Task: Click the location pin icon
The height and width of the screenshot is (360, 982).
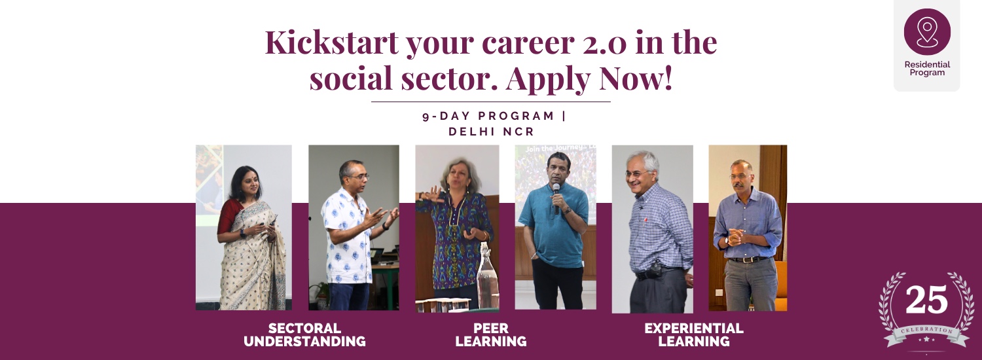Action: point(927,32)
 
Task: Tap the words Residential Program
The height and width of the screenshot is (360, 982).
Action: point(927,69)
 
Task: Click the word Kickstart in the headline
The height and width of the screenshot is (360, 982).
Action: point(332,43)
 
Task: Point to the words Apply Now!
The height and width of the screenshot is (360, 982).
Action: point(589,79)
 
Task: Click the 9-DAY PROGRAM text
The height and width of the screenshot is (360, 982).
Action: point(488,117)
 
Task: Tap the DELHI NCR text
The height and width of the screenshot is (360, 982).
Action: point(492,132)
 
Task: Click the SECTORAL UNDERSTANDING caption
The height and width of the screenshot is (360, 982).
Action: point(304,334)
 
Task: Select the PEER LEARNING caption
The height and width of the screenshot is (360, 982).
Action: point(491,334)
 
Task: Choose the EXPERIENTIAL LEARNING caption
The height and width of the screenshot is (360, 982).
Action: point(694,334)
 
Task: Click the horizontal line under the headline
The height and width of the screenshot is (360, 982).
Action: point(491,101)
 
